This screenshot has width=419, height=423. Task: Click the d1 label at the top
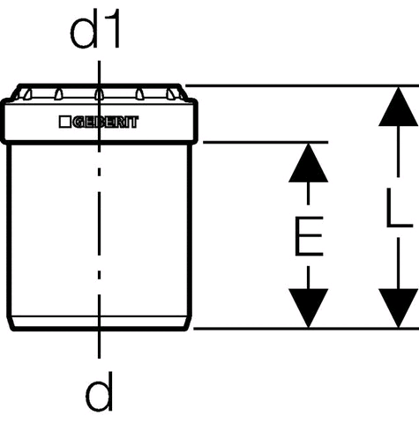(x=95, y=28)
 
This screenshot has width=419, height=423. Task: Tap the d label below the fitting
(x=99, y=392)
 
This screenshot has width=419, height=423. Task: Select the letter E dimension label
(x=309, y=236)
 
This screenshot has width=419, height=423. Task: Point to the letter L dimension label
(x=400, y=208)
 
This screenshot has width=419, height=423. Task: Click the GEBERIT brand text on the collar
(x=106, y=122)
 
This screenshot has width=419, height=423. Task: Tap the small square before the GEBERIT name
(x=64, y=122)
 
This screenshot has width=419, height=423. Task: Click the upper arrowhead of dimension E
(x=308, y=163)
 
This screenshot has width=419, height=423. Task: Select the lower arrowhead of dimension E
(x=308, y=308)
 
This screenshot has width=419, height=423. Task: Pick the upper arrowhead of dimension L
(x=398, y=107)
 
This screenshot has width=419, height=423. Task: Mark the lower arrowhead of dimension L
(x=398, y=308)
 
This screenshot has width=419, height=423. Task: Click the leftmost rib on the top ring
(x=27, y=94)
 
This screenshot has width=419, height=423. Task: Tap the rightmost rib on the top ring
(x=171, y=94)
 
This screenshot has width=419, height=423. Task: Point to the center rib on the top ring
(x=99, y=94)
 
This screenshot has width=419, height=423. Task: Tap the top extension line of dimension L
(x=303, y=85)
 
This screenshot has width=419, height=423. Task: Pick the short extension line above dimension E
(x=266, y=143)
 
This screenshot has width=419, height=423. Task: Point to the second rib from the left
(x=58, y=94)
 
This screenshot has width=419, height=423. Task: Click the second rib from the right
(x=139, y=94)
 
